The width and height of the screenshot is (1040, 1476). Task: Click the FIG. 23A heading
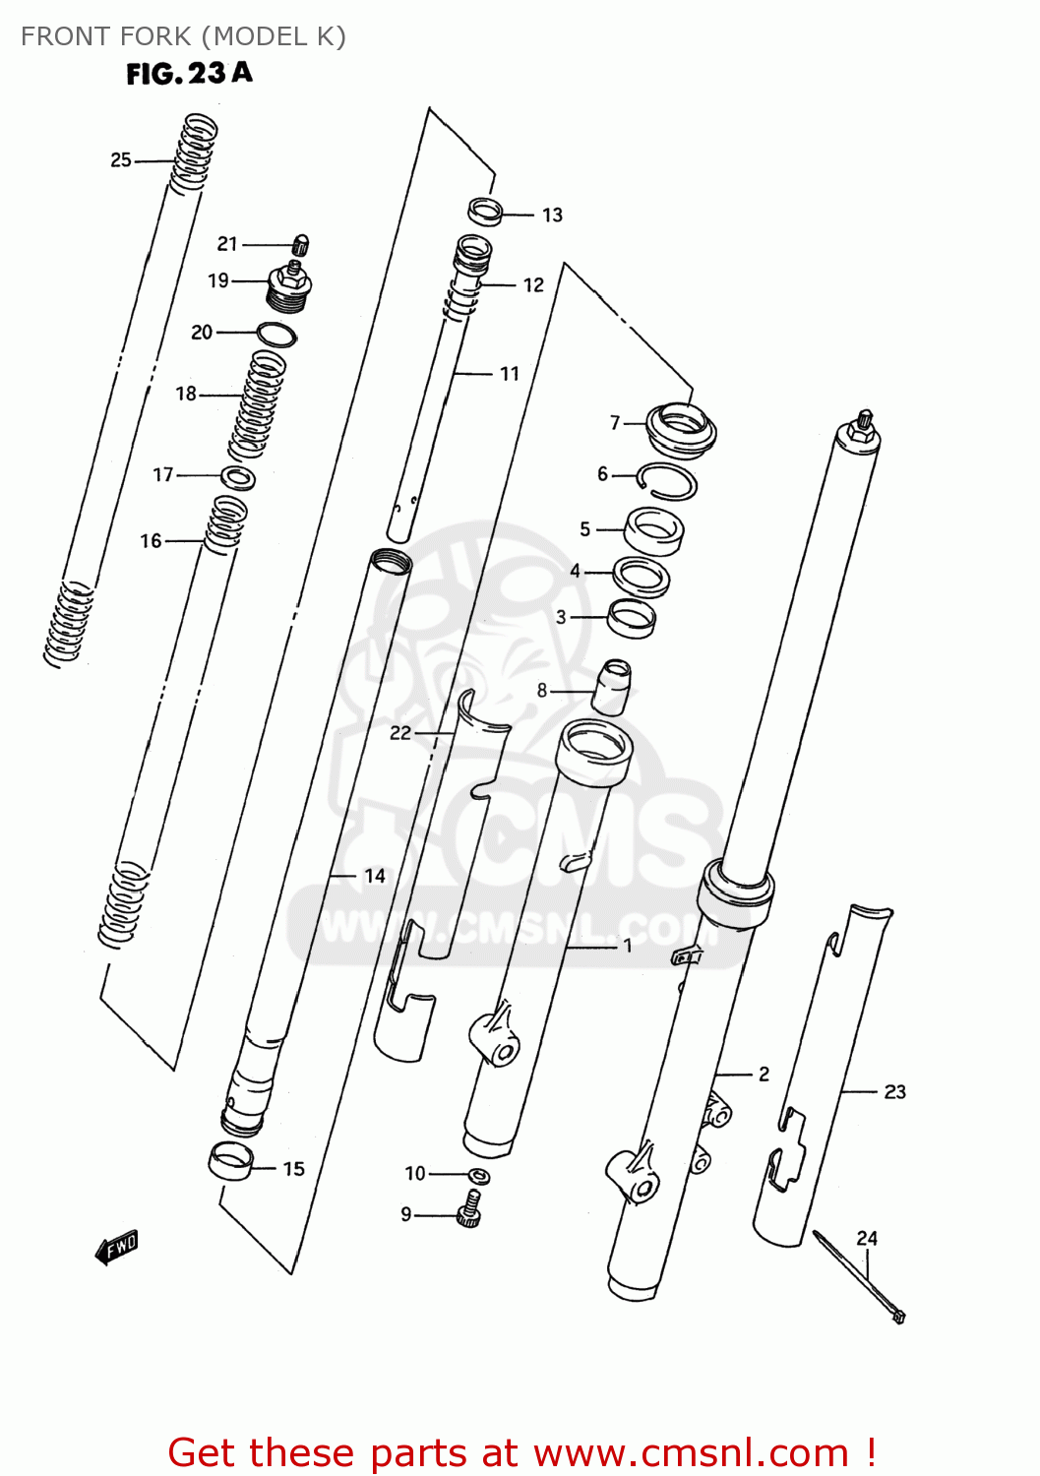click(189, 74)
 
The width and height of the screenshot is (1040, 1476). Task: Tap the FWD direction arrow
click(117, 1248)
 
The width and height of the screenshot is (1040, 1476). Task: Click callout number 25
click(120, 160)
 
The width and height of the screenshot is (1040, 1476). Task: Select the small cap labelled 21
click(302, 244)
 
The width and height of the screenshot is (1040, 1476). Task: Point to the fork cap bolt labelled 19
click(290, 287)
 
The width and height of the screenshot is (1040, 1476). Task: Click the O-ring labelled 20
click(276, 335)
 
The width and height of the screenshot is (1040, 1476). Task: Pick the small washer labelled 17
click(238, 478)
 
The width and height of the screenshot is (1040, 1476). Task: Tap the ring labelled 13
click(485, 211)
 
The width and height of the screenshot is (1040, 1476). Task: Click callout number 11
click(509, 374)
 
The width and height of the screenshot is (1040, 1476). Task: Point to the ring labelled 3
click(631, 618)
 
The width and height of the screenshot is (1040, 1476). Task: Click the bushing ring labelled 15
click(231, 1161)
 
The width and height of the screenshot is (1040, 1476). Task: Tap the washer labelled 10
click(478, 1176)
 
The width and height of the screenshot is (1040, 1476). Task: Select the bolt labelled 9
click(469, 1209)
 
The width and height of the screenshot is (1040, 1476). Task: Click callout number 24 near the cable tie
click(866, 1239)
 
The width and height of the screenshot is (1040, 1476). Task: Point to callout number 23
click(894, 1092)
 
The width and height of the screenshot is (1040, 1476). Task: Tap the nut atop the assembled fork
click(864, 420)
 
